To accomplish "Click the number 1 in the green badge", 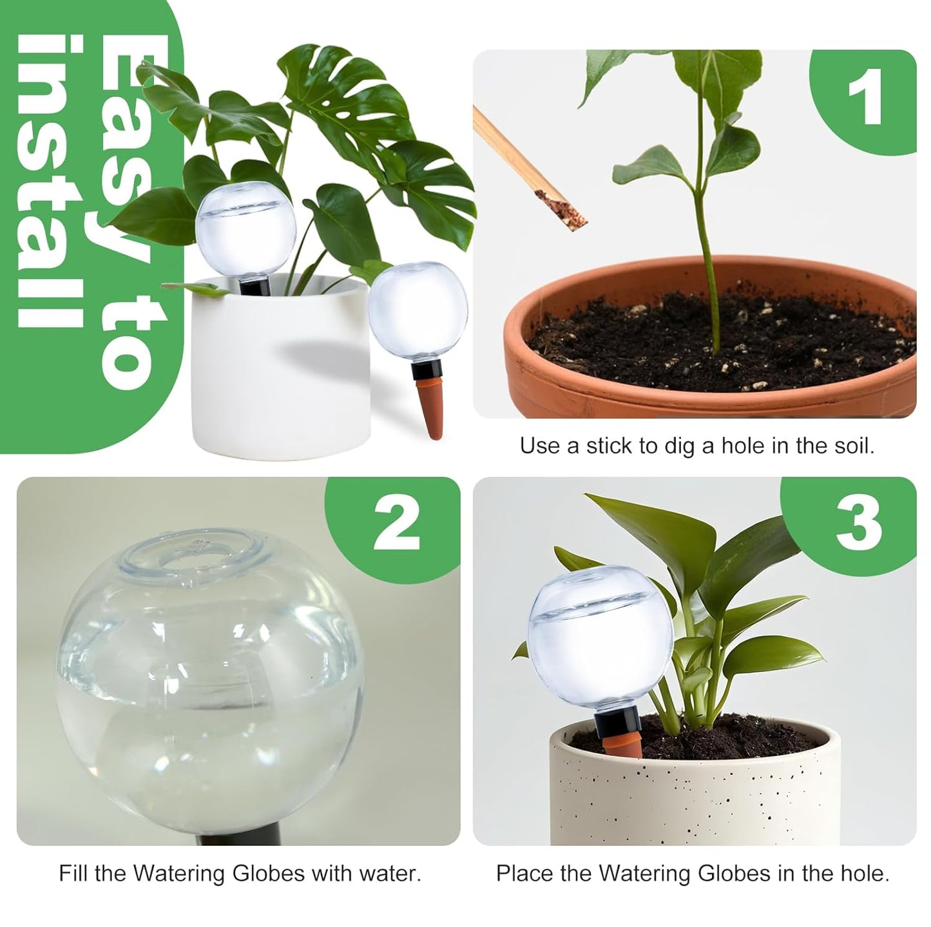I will pos(864,100).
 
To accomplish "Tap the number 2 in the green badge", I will pos(396,527).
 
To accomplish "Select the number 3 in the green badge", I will pos(858,525).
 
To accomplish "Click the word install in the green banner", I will pos(49,180).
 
